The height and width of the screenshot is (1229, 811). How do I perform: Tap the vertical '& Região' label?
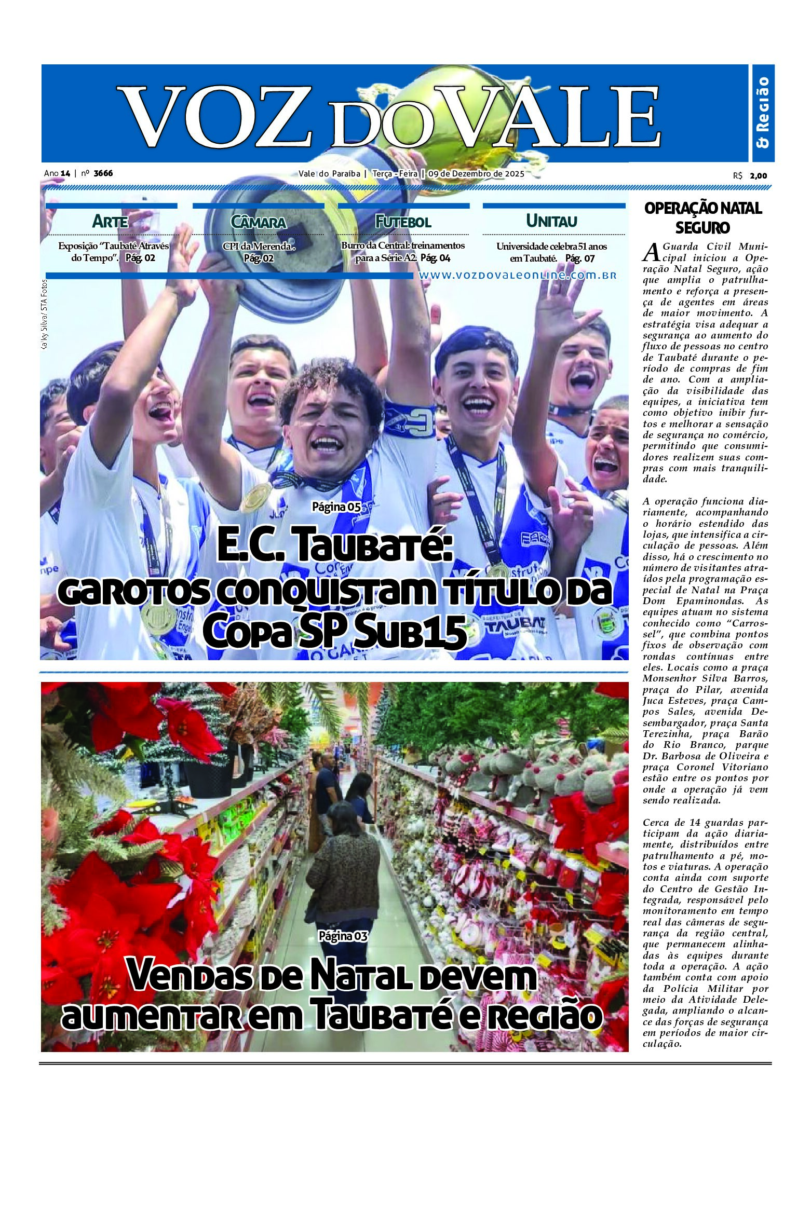(x=763, y=113)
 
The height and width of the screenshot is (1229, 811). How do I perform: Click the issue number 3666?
(x=103, y=173)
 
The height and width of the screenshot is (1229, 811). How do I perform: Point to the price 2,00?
(x=758, y=176)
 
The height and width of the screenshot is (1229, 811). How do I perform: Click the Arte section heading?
(x=110, y=222)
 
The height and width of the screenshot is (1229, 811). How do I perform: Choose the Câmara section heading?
(x=259, y=222)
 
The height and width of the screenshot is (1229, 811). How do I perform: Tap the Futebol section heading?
(x=403, y=222)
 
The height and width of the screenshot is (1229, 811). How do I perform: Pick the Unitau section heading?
(x=551, y=221)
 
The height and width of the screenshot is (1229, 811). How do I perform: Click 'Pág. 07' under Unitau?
(x=579, y=258)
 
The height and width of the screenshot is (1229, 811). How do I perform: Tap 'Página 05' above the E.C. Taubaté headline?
(x=336, y=507)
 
